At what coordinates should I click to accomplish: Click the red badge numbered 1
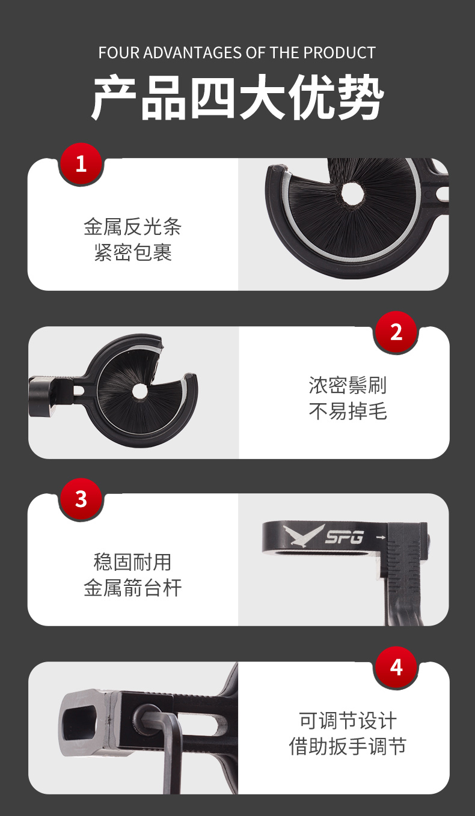click(x=81, y=164)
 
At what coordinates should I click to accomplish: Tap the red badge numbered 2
click(x=396, y=332)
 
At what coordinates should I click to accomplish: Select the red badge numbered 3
click(x=81, y=499)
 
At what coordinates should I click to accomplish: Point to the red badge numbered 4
click(x=396, y=667)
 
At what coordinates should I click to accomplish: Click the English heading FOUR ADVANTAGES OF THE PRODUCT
click(x=237, y=53)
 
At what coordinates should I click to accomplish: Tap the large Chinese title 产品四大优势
click(x=237, y=97)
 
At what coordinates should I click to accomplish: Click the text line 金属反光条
click(x=133, y=227)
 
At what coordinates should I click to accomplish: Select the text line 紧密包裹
click(x=133, y=252)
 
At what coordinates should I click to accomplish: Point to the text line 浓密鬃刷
click(x=348, y=385)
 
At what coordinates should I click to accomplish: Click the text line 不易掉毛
click(x=348, y=411)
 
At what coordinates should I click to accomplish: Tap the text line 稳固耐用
click(x=133, y=562)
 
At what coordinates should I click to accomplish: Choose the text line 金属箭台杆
click(x=133, y=587)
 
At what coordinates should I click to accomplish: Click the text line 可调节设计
click(x=348, y=720)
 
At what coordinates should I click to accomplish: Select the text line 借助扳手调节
click(x=348, y=746)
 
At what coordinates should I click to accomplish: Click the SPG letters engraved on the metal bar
click(x=345, y=537)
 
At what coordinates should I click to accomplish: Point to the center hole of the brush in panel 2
click(x=139, y=391)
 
